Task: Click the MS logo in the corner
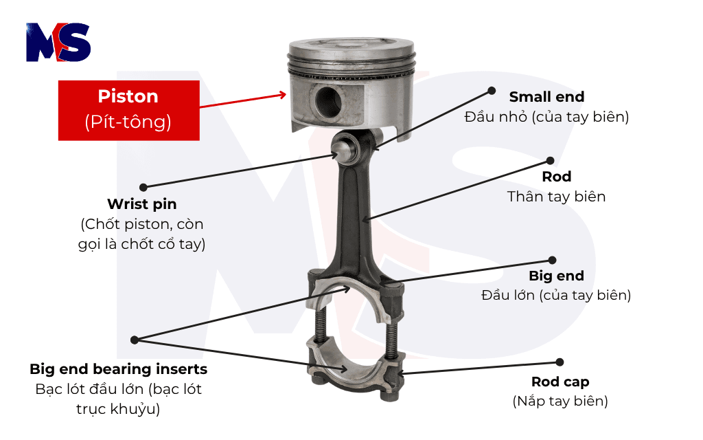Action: pyautogui.click(x=58, y=42)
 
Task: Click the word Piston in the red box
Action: pyautogui.click(x=128, y=96)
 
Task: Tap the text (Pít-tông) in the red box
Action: pyautogui.click(x=128, y=122)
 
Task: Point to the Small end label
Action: pyautogui.click(x=546, y=97)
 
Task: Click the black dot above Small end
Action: pyautogui.click(x=492, y=90)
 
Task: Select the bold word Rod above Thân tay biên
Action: pyautogui.click(x=556, y=177)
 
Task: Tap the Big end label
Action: pyautogui.click(x=556, y=276)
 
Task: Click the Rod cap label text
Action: pyautogui.click(x=560, y=382)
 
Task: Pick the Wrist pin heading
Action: pyautogui.click(x=141, y=204)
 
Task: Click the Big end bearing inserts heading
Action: pyautogui.click(x=118, y=369)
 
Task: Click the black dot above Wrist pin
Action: pyautogui.click(x=143, y=186)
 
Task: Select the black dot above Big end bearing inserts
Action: pyautogui.click(x=135, y=339)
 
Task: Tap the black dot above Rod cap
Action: pyautogui.click(x=560, y=362)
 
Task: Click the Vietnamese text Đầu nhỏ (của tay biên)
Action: pyautogui.click(x=546, y=116)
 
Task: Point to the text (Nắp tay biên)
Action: pyautogui.click(x=560, y=401)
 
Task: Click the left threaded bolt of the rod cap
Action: pyautogui.click(x=319, y=327)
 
